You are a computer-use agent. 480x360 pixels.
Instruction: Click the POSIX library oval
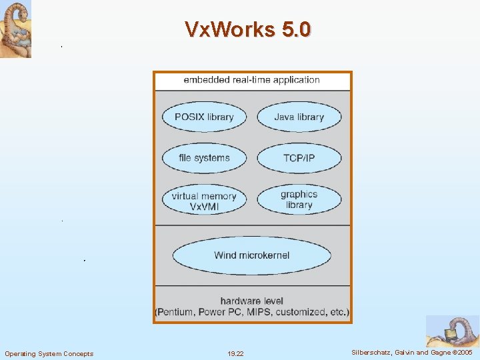(204, 117)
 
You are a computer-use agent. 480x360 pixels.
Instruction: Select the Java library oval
(299, 117)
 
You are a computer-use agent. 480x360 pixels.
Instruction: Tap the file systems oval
(204, 158)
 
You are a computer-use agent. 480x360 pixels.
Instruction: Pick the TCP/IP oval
(299, 158)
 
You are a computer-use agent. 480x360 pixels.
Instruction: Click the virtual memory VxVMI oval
(204, 201)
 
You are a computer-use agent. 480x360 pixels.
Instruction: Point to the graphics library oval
(299, 199)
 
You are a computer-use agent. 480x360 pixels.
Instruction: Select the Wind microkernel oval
(251, 255)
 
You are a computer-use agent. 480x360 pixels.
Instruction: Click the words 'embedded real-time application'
(251, 80)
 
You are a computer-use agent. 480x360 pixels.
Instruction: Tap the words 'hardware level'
(251, 301)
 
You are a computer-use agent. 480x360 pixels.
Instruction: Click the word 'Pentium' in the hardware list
(175, 312)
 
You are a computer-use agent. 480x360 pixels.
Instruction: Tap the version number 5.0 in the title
(295, 29)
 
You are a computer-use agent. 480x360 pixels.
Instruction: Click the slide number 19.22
(235, 353)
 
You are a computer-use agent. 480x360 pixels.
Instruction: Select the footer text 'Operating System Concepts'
(49, 353)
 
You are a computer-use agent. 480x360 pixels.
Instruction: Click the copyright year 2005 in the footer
(464, 352)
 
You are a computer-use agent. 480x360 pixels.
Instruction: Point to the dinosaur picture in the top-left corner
(15, 29)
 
